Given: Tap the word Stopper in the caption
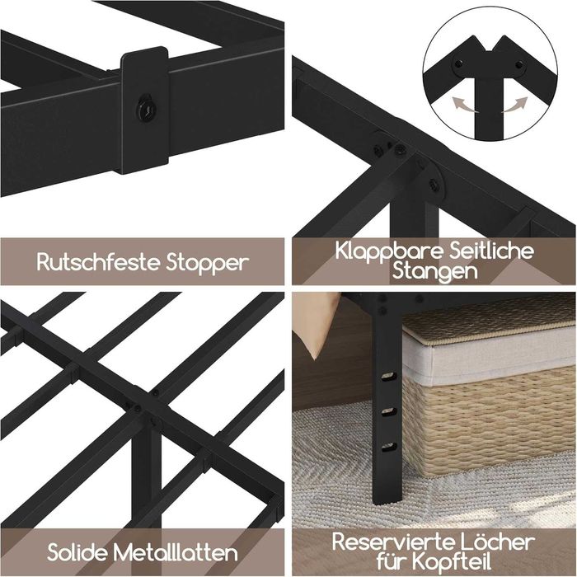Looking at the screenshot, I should pos(206,263).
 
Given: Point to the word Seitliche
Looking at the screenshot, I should pos(490,251).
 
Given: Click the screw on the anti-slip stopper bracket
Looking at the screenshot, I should pos(145,106).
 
